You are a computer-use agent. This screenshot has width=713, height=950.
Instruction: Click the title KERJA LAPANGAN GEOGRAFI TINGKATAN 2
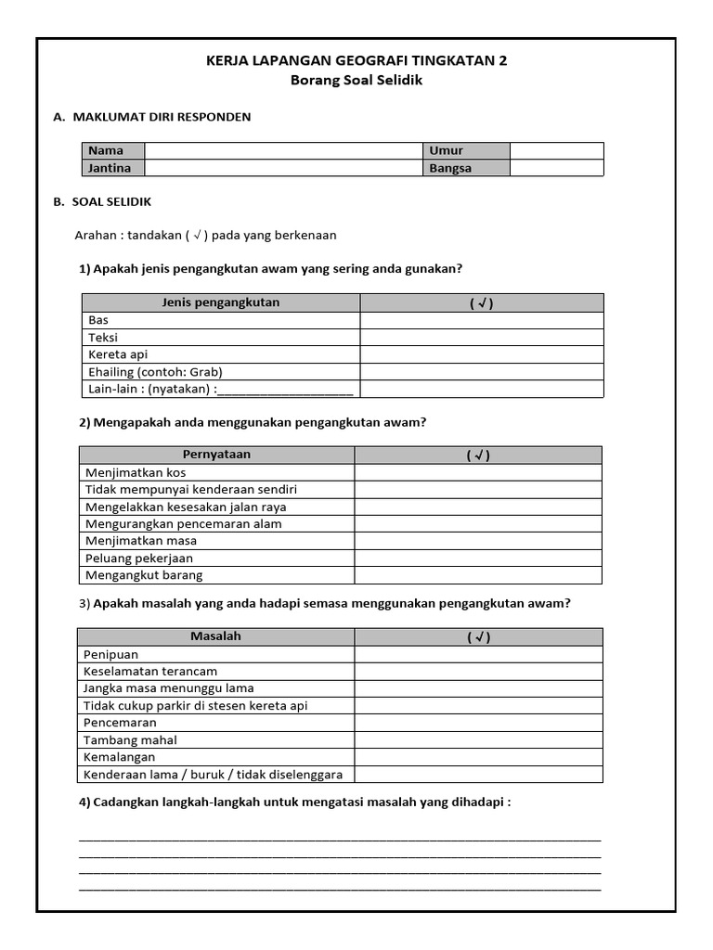356,61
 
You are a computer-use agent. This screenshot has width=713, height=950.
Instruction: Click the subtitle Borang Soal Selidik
356,81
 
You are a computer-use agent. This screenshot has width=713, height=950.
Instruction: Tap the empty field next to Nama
283,150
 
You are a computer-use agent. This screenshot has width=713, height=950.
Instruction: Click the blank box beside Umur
556,150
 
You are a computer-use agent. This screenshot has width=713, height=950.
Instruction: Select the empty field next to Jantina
283,168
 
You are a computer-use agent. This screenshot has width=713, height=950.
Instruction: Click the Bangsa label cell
467,168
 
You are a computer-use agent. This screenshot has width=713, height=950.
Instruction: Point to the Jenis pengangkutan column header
221,302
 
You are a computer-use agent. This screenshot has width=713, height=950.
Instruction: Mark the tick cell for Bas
481,320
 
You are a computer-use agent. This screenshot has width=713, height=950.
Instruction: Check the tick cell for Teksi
481,338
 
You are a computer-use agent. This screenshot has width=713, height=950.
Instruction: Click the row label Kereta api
118,354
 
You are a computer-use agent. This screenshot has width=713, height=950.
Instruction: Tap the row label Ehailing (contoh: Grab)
155,371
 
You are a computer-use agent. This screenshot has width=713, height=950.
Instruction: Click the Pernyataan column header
216,455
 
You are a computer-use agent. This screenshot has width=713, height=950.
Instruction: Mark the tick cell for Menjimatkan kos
478,472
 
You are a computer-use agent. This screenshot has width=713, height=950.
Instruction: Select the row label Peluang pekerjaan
139,558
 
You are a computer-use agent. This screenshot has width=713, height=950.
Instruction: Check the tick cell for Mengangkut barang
478,575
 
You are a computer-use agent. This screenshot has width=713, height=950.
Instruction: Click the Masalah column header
215,636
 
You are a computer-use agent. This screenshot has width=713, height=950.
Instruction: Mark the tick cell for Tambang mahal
478,740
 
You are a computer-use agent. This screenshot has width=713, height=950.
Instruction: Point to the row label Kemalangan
120,757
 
